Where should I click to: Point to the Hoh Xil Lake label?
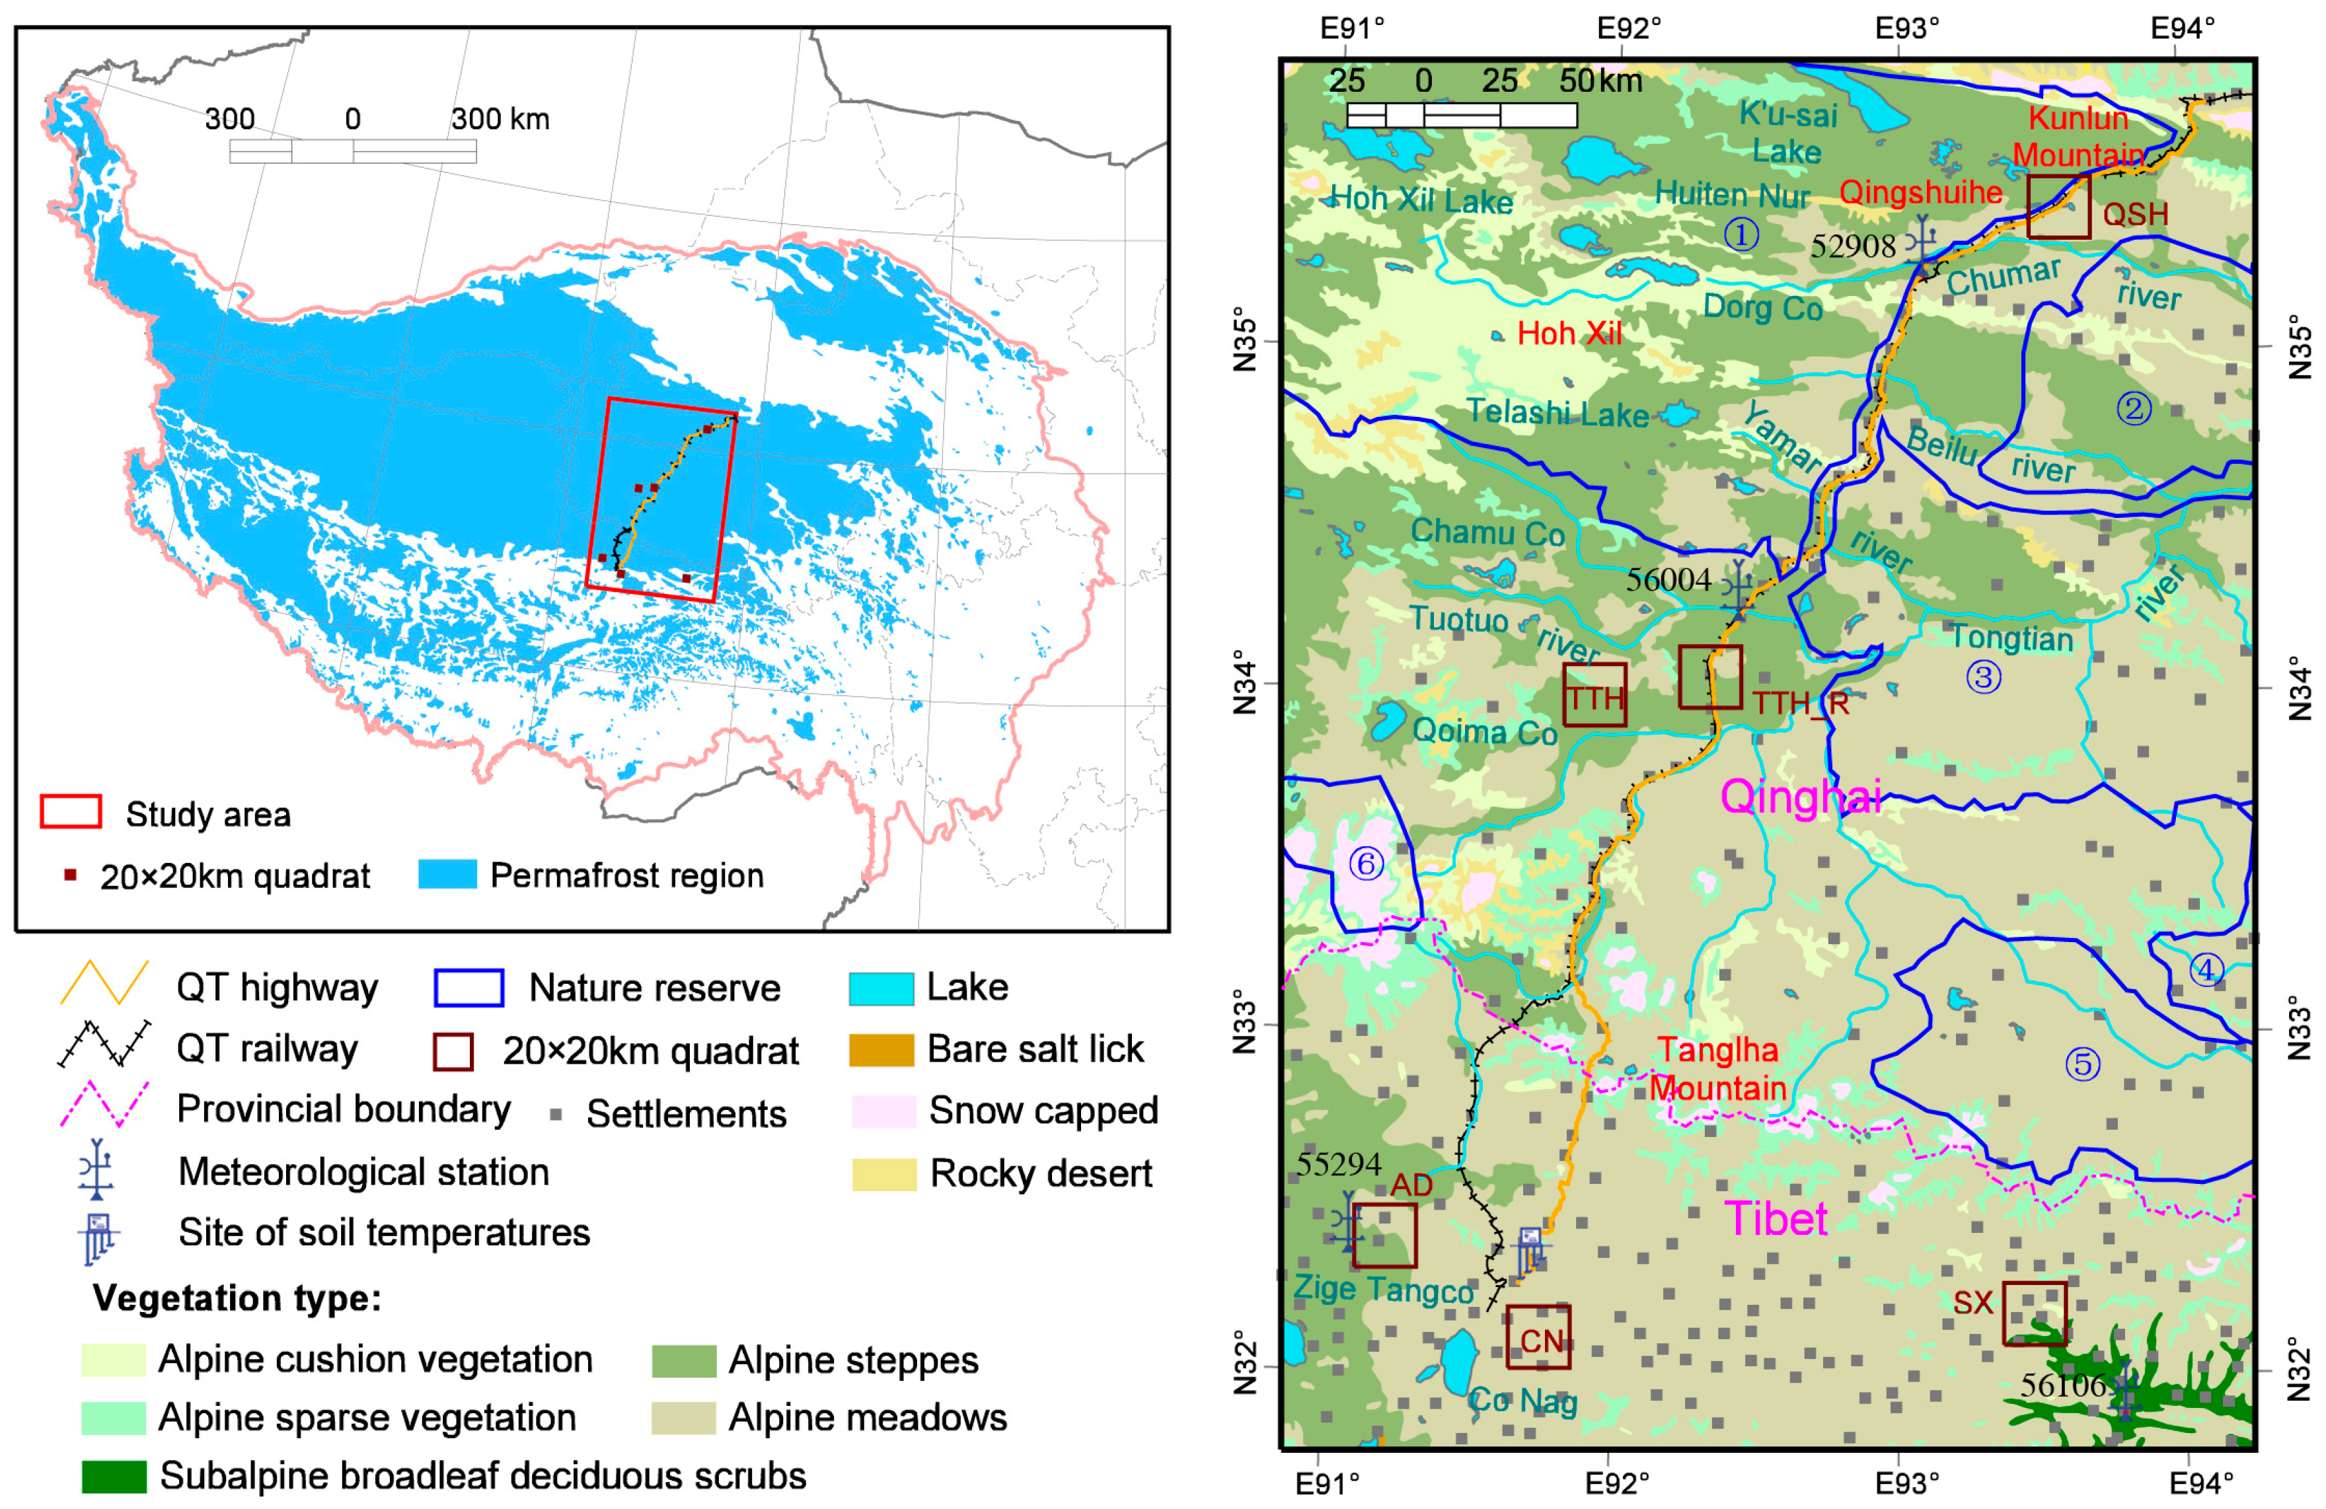tap(1422, 200)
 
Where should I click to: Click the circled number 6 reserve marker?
tap(1367, 863)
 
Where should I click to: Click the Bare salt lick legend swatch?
tap(883, 1049)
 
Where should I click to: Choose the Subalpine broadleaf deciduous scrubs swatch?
tap(114, 1477)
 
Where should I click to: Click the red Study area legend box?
tap(70, 812)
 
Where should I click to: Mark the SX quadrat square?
tap(2035, 1313)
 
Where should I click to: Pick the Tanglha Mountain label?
tap(1717, 1069)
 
